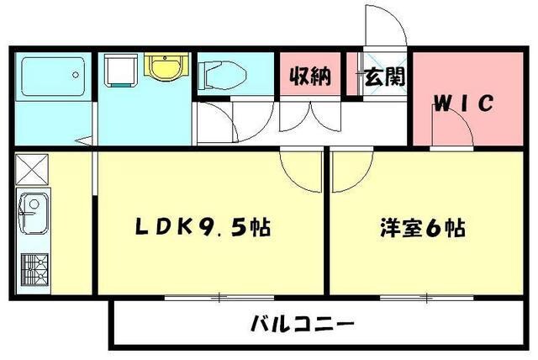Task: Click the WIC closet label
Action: pos(462,105)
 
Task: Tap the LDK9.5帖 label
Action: pos(203,227)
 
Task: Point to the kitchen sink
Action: pos(33,206)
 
